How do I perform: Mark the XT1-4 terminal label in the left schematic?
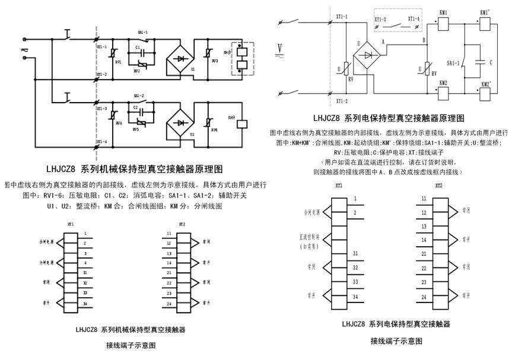[x=101, y=142]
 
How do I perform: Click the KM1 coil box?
[x=442, y=23]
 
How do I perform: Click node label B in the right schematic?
[x=423, y=41]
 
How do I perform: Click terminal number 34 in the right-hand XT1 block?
[x=355, y=297]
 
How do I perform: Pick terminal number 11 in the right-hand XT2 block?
[x=424, y=199]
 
